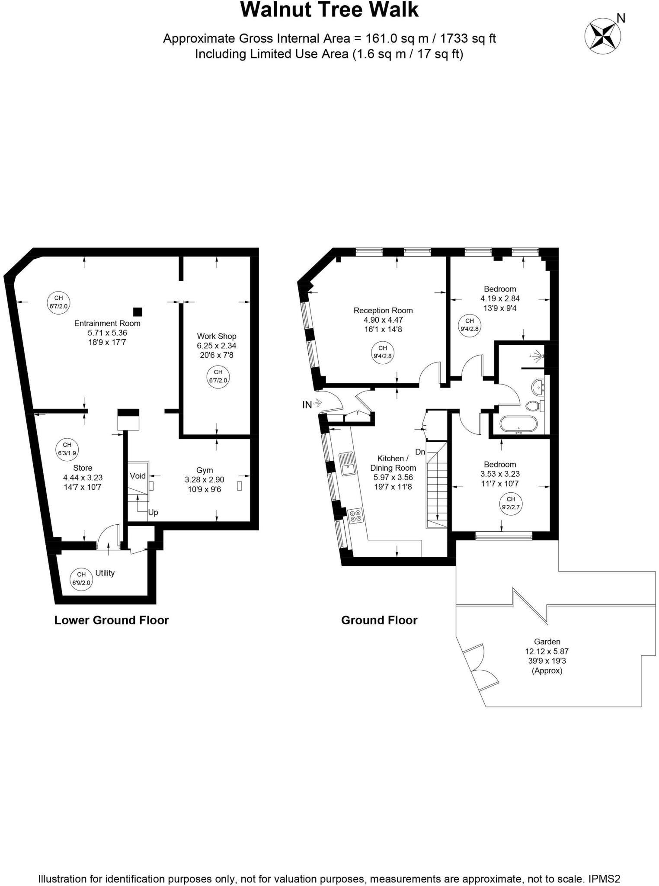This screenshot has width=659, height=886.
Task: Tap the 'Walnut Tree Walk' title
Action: tap(329, 10)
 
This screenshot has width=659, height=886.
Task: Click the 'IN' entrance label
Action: tap(307, 405)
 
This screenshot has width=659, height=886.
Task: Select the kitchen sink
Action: tap(347, 464)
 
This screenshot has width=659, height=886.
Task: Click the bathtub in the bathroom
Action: tap(518, 424)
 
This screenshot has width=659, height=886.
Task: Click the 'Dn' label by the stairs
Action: tap(420, 452)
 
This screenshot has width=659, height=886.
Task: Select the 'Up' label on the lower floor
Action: tap(153, 512)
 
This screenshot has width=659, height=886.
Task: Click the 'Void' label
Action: tap(138, 476)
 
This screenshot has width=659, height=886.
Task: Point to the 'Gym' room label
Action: tap(205, 470)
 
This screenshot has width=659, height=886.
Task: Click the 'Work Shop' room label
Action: tap(217, 336)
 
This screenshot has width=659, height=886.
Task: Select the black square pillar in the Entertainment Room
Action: tap(138, 311)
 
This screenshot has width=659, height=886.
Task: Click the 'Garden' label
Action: tap(547, 642)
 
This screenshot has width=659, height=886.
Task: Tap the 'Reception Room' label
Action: tap(383, 310)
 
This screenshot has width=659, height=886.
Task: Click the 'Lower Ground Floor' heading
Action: tap(112, 620)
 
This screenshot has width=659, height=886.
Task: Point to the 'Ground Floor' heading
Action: tap(379, 620)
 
